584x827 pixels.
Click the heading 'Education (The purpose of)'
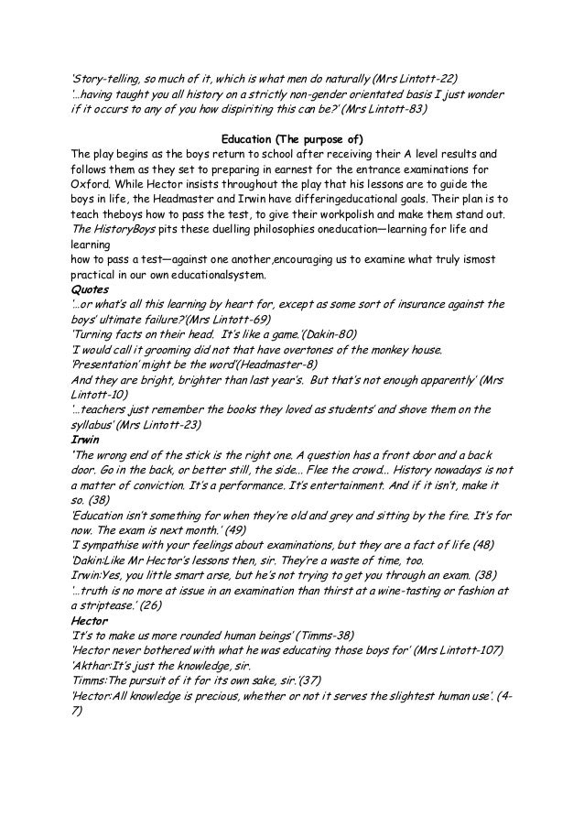click(291, 138)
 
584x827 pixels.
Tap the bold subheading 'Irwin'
click(85, 438)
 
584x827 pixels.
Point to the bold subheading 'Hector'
click(89, 619)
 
